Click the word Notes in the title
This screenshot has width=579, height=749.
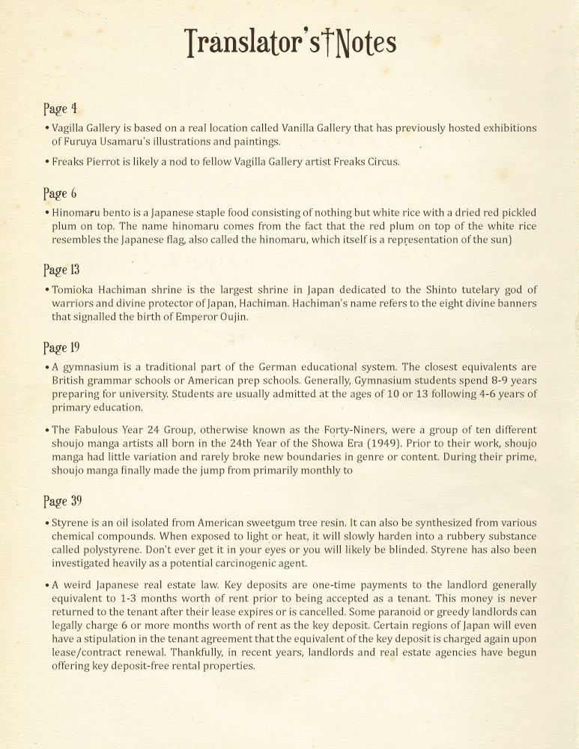coord(366,43)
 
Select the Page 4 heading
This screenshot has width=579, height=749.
coord(60,109)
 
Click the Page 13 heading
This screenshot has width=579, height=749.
coord(61,270)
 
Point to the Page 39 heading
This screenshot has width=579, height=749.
coord(62,501)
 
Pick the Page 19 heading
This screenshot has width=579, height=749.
coord(61,348)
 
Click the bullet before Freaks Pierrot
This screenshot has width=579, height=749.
coord(47,161)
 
